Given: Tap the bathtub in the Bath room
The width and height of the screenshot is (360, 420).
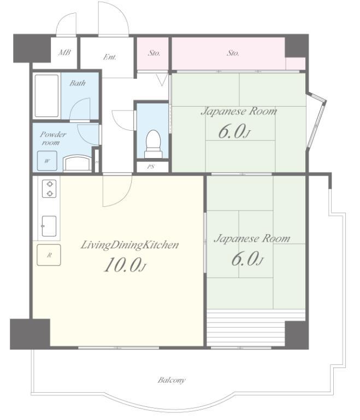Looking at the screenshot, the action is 46,96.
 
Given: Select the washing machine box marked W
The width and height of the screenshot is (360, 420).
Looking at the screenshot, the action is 47,161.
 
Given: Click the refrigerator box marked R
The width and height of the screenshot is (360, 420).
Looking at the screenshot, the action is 49,255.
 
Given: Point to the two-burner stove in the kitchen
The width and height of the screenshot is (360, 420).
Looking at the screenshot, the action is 49,189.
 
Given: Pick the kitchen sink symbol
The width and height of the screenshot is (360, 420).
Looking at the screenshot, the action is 49,226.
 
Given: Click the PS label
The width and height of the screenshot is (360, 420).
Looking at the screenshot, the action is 151,167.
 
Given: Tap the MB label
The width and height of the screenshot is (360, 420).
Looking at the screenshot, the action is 64,52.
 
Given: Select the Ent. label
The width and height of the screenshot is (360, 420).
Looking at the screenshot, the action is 110,57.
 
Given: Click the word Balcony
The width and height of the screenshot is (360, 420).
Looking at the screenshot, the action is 172,380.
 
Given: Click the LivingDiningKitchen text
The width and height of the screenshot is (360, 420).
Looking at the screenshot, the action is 130,245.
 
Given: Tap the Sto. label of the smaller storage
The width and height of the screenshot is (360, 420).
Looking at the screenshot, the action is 154,53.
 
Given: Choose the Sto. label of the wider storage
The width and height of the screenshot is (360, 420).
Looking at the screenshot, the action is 233,53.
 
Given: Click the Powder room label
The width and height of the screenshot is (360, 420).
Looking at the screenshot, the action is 53,138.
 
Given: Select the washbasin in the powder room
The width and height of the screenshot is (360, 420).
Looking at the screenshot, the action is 77,163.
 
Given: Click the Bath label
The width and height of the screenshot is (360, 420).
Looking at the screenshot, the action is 78,83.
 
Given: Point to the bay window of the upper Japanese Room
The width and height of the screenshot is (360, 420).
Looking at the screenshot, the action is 316,120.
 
